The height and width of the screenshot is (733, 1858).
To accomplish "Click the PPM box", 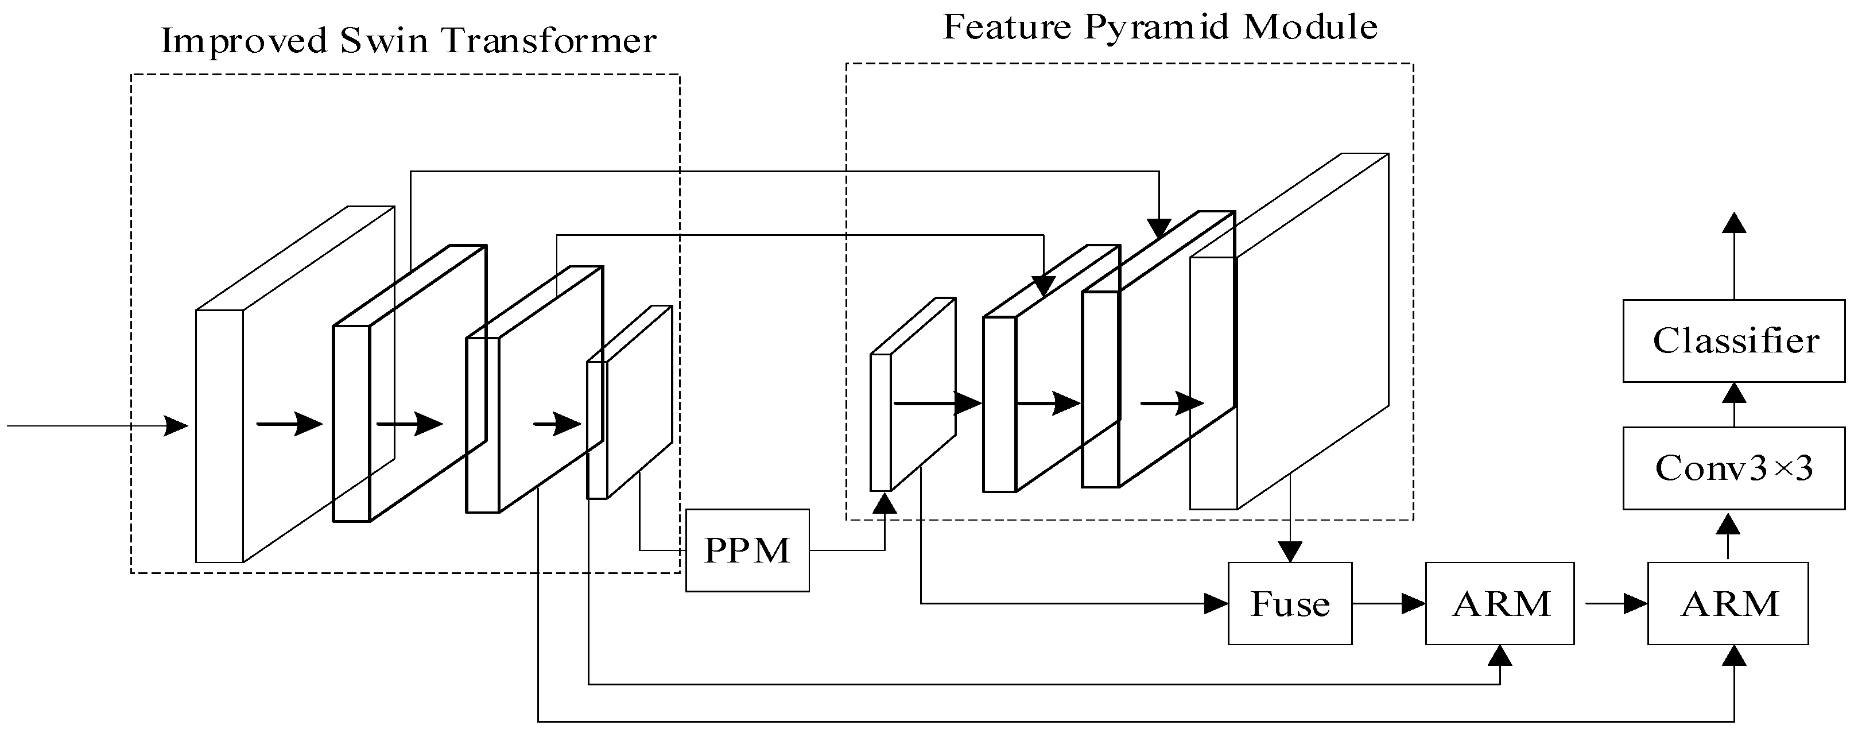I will pos(747,550).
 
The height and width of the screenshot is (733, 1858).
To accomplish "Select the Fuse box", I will pos(1290,604).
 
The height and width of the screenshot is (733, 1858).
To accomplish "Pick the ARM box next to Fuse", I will pos(1500,604).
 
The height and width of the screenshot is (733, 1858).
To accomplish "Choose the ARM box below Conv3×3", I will pos(1728,604).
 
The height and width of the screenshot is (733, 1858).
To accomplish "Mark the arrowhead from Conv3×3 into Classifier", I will pos(1734,393).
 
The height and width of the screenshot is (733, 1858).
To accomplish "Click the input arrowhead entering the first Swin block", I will pos(177,426).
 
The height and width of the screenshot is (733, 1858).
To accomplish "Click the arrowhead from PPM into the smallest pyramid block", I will pos(885,503).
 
